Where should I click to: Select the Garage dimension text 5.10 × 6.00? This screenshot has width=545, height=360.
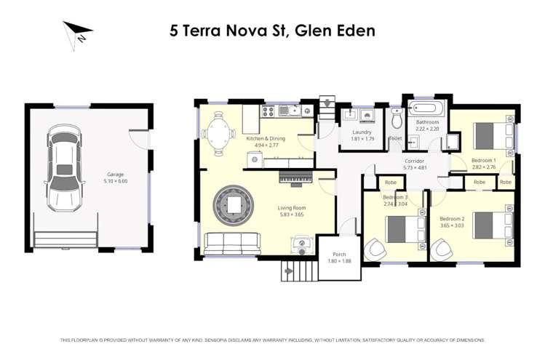click(x=116, y=181)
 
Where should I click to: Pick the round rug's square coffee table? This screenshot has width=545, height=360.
click(x=233, y=206)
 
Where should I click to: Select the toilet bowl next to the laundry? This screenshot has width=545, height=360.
click(x=396, y=119)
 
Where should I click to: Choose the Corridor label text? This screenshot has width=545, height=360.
click(x=414, y=161)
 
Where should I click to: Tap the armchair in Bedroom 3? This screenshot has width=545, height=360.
click(x=378, y=250)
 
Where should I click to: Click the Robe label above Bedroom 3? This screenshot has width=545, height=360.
click(x=390, y=182)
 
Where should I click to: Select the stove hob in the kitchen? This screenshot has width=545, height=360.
click(x=266, y=111)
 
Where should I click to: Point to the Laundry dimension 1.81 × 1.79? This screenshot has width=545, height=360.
click(x=362, y=138)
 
